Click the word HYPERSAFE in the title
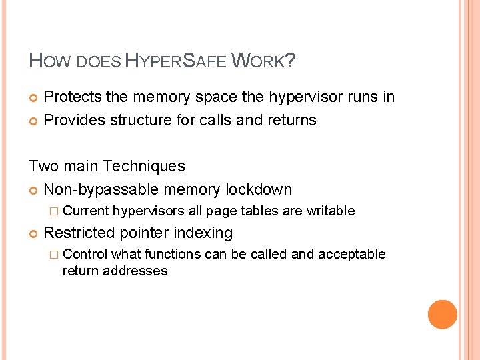tap(175, 62)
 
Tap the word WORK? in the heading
tap(263, 62)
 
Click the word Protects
tap(73, 97)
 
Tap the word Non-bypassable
tap(101, 189)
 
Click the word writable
tap(331, 211)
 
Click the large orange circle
tap(442, 314)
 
